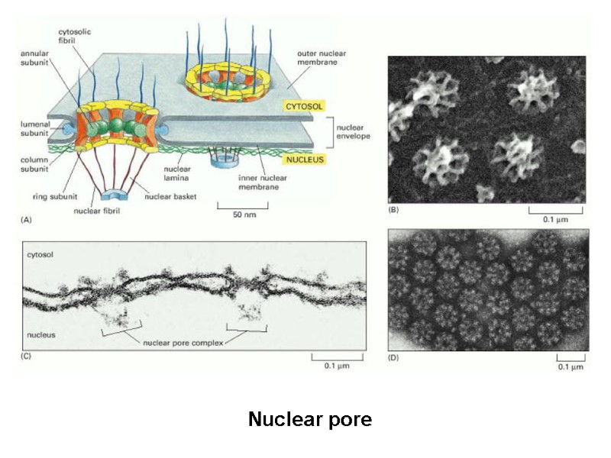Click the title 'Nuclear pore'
(x=309, y=419)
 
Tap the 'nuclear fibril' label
(x=97, y=211)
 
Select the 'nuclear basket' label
(x=175, y=196)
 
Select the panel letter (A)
(x=27, y=218)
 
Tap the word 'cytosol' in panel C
(x=40, y=251)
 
